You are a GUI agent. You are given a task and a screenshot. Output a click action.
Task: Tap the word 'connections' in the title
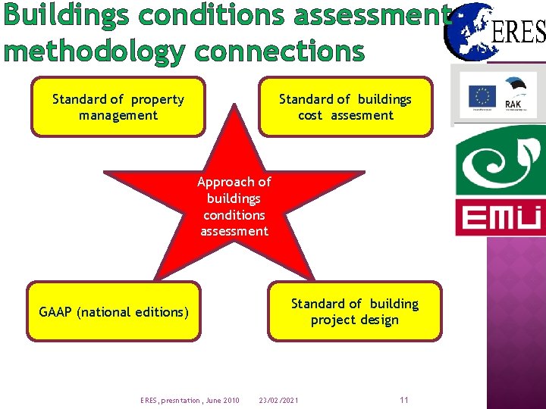tap(279, 51)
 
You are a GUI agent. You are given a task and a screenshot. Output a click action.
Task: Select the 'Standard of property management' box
tap(118, 107)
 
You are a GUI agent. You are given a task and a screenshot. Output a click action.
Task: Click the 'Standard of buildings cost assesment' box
tap(345, 107)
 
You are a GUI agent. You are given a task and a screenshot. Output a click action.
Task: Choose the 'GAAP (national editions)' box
tap(114, 311)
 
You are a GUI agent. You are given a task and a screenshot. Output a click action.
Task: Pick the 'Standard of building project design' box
tap(354, 311)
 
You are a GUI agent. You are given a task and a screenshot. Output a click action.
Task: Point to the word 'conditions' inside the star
tap(234, 214)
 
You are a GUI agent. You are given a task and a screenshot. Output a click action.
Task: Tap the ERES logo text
tap(519, 32)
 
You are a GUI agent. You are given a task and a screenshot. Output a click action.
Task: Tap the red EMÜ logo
tap(499, 218)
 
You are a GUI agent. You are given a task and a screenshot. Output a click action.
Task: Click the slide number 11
tap(403, 400)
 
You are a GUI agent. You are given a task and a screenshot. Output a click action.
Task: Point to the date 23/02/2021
tap(278, 400)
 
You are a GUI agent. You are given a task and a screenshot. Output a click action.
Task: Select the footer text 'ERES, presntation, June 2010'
tap(190, 400)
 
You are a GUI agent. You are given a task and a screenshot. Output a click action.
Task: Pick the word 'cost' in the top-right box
tap(310, 115)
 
